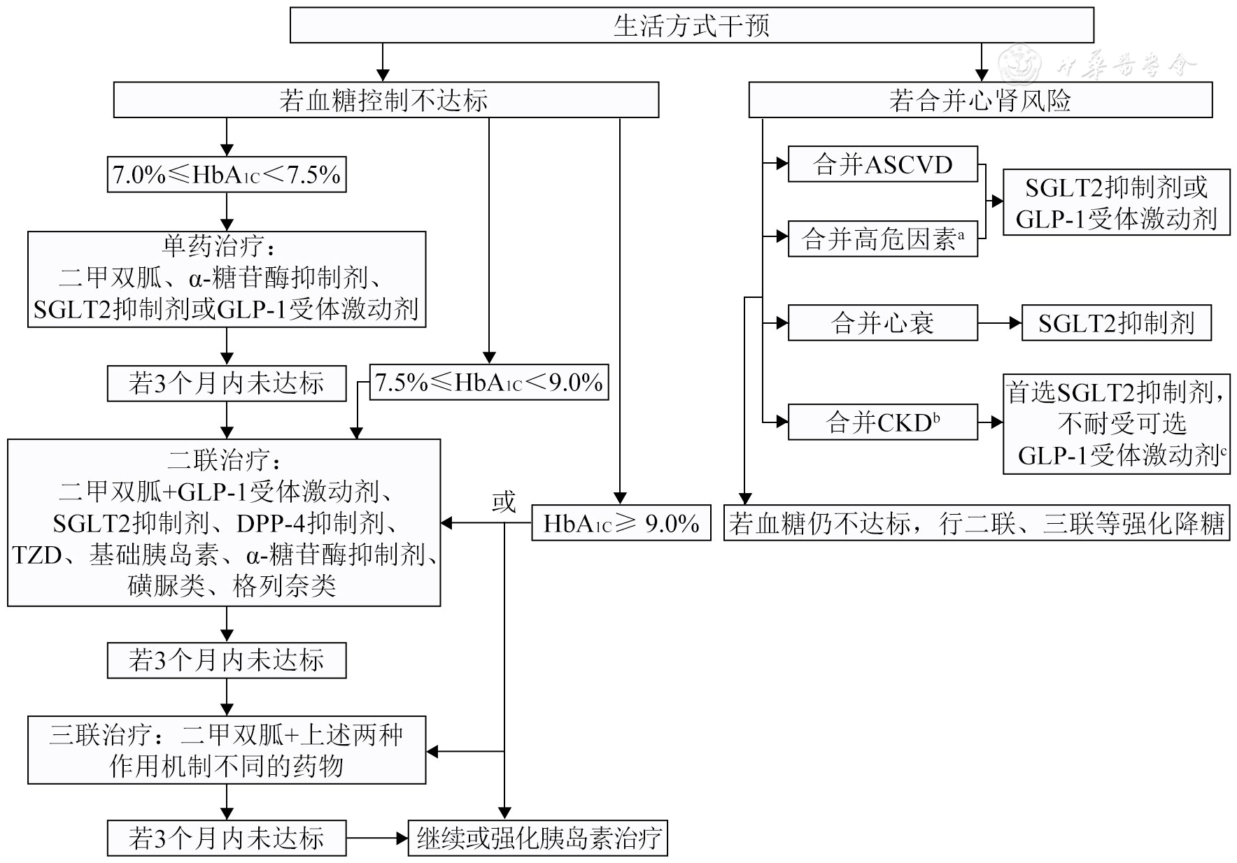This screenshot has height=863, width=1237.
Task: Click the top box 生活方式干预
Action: click(x=691, y=26)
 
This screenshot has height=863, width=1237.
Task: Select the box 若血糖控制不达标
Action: click(x=385, y=100)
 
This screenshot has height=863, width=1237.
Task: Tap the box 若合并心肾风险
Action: click(x=980, y=100)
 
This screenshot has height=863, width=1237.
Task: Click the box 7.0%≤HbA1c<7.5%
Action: click(x=226, y=174)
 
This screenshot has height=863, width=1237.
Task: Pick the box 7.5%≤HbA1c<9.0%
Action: click(x=488, y=383)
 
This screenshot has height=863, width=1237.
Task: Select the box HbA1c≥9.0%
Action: click(x=621, y=523)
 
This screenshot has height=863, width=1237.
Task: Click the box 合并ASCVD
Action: click(x=882, y=165)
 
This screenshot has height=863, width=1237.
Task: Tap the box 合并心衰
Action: click(x=882, y=323)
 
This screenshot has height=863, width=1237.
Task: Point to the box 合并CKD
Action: click(x=882, y=422)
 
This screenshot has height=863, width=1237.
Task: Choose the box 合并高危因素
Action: click(x=882, y=239)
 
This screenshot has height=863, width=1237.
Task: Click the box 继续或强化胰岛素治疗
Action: click(x=537, y=838)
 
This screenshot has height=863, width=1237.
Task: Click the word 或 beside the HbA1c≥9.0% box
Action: click(x=504, y=501)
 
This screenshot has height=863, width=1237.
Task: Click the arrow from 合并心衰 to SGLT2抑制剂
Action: click(x=1000, y=323)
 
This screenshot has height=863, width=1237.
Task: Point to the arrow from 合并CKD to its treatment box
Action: click(x=991, y=422)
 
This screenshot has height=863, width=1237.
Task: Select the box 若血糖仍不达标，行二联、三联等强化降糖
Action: click(x=976, y=523)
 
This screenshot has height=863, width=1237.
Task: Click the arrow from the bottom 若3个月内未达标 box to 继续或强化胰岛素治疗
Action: click(x=377, y=838)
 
